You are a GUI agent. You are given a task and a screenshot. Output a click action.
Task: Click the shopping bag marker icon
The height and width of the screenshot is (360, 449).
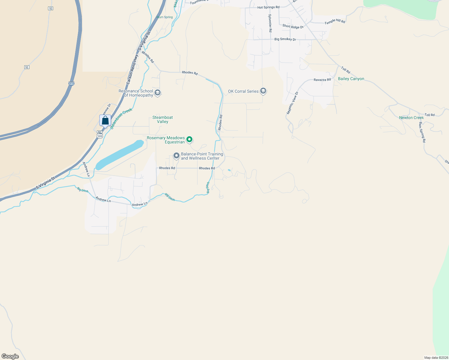pos(105,120)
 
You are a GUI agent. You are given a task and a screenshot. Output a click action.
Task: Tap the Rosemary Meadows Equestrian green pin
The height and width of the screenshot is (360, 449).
pos(189,139)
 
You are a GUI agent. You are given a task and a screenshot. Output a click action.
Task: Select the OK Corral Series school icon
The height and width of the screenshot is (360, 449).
pos(263,91)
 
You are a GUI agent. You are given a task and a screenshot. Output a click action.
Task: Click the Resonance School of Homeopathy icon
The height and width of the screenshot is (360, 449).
pos(158,93)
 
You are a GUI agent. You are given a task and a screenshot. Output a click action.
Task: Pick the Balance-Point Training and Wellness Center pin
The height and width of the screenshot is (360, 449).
pos(176,156)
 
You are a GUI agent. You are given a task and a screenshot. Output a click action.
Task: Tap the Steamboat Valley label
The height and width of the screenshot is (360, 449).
pos(163,119)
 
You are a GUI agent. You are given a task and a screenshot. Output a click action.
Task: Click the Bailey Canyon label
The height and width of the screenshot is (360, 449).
pos(351,79)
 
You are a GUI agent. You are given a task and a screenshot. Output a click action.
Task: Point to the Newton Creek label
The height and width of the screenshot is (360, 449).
pos(411,118)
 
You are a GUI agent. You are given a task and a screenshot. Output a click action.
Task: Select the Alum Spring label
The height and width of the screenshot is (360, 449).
pos(165,17)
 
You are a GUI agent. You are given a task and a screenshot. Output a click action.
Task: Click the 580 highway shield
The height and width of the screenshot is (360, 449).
pos(71,84)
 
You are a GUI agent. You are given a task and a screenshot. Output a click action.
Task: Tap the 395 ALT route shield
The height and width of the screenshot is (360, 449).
pos(100,134)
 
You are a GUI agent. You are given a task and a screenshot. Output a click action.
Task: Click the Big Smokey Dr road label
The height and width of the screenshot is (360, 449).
pos(285,39)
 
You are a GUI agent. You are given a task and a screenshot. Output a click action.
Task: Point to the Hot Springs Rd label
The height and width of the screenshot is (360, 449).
pos(268,7)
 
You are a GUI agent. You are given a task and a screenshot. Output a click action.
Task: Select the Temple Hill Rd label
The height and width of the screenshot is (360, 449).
pos(335,22)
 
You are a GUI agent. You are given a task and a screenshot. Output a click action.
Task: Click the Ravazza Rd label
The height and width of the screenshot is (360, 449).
pos(322,80)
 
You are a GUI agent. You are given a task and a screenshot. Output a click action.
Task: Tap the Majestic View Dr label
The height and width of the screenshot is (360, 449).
pos(292,103)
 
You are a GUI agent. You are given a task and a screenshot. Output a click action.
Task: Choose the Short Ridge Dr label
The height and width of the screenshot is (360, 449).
pos(293,26)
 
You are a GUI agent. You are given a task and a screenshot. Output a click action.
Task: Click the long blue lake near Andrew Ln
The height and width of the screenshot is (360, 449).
pos(120,154)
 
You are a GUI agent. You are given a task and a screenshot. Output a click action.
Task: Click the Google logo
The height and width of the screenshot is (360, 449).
pos(10,356)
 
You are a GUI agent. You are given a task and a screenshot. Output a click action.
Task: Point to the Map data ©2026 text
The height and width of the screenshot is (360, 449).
pos(435,358)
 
